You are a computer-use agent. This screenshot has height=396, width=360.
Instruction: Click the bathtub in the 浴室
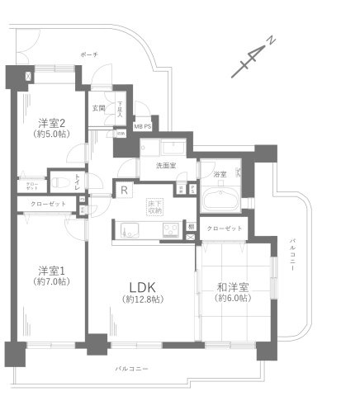tap(220, 200)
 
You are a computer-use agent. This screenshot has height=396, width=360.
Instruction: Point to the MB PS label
tap(142, 126)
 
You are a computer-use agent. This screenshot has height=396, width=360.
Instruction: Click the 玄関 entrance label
tap(98, 108)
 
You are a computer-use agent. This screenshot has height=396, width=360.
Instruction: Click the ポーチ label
tap(89, 54)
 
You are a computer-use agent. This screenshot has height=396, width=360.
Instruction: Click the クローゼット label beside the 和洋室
tap(223, 228)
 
